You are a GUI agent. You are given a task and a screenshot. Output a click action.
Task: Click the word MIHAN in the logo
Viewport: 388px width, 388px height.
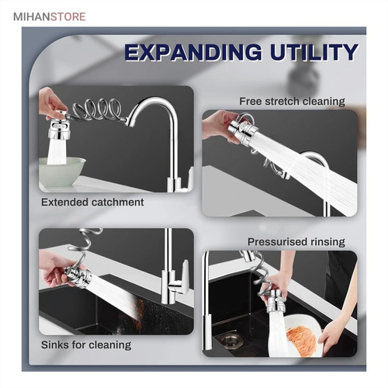pos(31,17)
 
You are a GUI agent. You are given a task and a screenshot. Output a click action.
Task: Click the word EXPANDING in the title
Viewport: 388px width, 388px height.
pos(193,53)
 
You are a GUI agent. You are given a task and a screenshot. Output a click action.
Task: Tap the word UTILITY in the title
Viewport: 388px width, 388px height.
pos(314,53)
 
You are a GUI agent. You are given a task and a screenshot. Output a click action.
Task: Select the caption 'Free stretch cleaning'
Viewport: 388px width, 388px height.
pos(292,101)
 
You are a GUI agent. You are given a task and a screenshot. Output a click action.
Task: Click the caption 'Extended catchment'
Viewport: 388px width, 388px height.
pos(92,202)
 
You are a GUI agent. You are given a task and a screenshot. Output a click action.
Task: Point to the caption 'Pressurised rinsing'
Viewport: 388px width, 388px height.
pos(296,242)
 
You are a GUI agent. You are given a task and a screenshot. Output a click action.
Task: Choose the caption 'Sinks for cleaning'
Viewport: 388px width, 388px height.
pos(86,345)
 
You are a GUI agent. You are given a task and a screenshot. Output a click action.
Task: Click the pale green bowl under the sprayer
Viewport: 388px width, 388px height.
pos(62,172)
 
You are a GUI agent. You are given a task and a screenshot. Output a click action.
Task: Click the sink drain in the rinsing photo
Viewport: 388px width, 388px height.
pos(230,340)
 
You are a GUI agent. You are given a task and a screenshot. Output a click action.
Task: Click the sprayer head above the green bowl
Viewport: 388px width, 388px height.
pos(59,126)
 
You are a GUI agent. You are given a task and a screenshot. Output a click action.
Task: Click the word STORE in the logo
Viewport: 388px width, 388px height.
pos(68,17)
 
